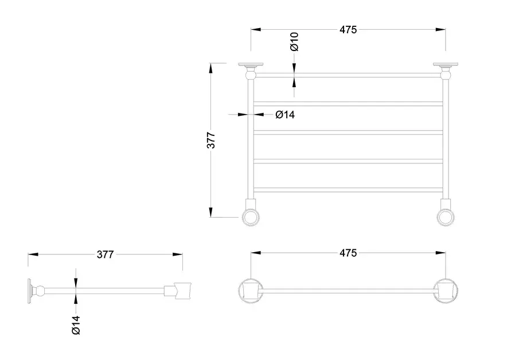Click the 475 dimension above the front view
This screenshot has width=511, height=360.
coord(348,29)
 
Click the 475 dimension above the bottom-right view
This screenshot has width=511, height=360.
coord(348,253)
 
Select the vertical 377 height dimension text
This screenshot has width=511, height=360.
coord(212,140)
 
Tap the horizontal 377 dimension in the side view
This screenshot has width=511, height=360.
coord(105,254)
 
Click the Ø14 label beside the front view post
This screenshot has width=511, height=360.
coord(285,115)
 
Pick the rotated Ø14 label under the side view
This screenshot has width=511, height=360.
coord(76,326)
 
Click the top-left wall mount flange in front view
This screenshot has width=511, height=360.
coord(251,65)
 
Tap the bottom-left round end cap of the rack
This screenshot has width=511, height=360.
coord(251,217)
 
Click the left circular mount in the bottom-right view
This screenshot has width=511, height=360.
coord(251,291)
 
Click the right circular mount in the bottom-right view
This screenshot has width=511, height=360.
coord(446,291)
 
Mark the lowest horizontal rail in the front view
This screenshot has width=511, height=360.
coord(348,190)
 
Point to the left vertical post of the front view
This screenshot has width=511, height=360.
coord(251,138)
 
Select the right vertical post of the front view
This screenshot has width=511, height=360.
coord(446,138)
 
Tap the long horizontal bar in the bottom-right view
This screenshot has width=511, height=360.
coord(348,291)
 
